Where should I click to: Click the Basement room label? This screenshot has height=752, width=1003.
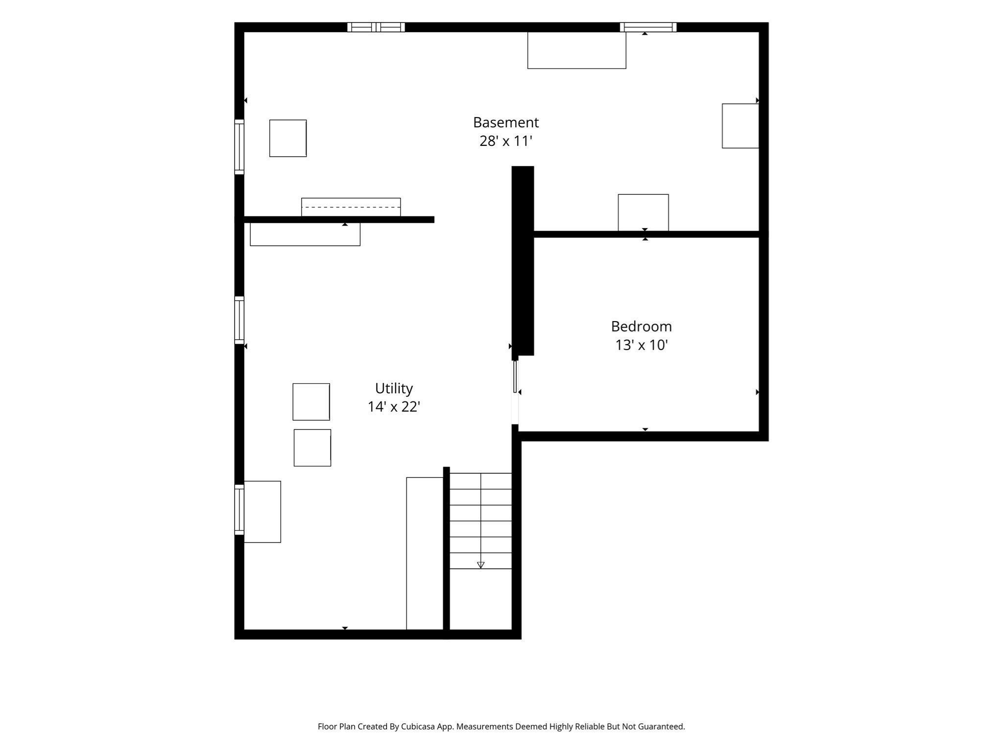pos(505,122)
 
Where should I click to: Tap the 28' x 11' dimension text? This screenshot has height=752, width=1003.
pos(505,141)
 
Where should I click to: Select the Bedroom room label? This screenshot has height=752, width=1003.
pos(641,327)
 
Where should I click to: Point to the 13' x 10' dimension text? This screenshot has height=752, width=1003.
pos(641,345)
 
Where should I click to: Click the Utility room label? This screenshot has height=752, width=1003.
pos(394,389)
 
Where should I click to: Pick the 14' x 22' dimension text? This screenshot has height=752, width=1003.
pos(394,407)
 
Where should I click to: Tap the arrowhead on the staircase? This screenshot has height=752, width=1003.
pos(480,565)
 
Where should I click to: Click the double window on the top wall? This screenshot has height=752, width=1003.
pos(376,27)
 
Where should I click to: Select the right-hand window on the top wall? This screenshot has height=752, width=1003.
pos(648,27)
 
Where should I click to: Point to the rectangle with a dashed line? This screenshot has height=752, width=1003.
pos(351,207)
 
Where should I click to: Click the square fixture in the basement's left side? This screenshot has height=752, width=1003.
pos(288,138)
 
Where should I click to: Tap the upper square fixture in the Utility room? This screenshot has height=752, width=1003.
pos(311,402)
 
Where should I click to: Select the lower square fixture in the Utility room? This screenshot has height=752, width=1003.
pos(312,448)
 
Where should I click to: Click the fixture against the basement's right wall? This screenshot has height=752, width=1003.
pos(740,126)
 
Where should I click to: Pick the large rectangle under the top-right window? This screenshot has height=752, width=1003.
pos(576,50)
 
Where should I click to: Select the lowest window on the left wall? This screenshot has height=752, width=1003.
pos(239,510)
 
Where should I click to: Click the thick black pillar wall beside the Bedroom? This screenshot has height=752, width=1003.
pos(523,261)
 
